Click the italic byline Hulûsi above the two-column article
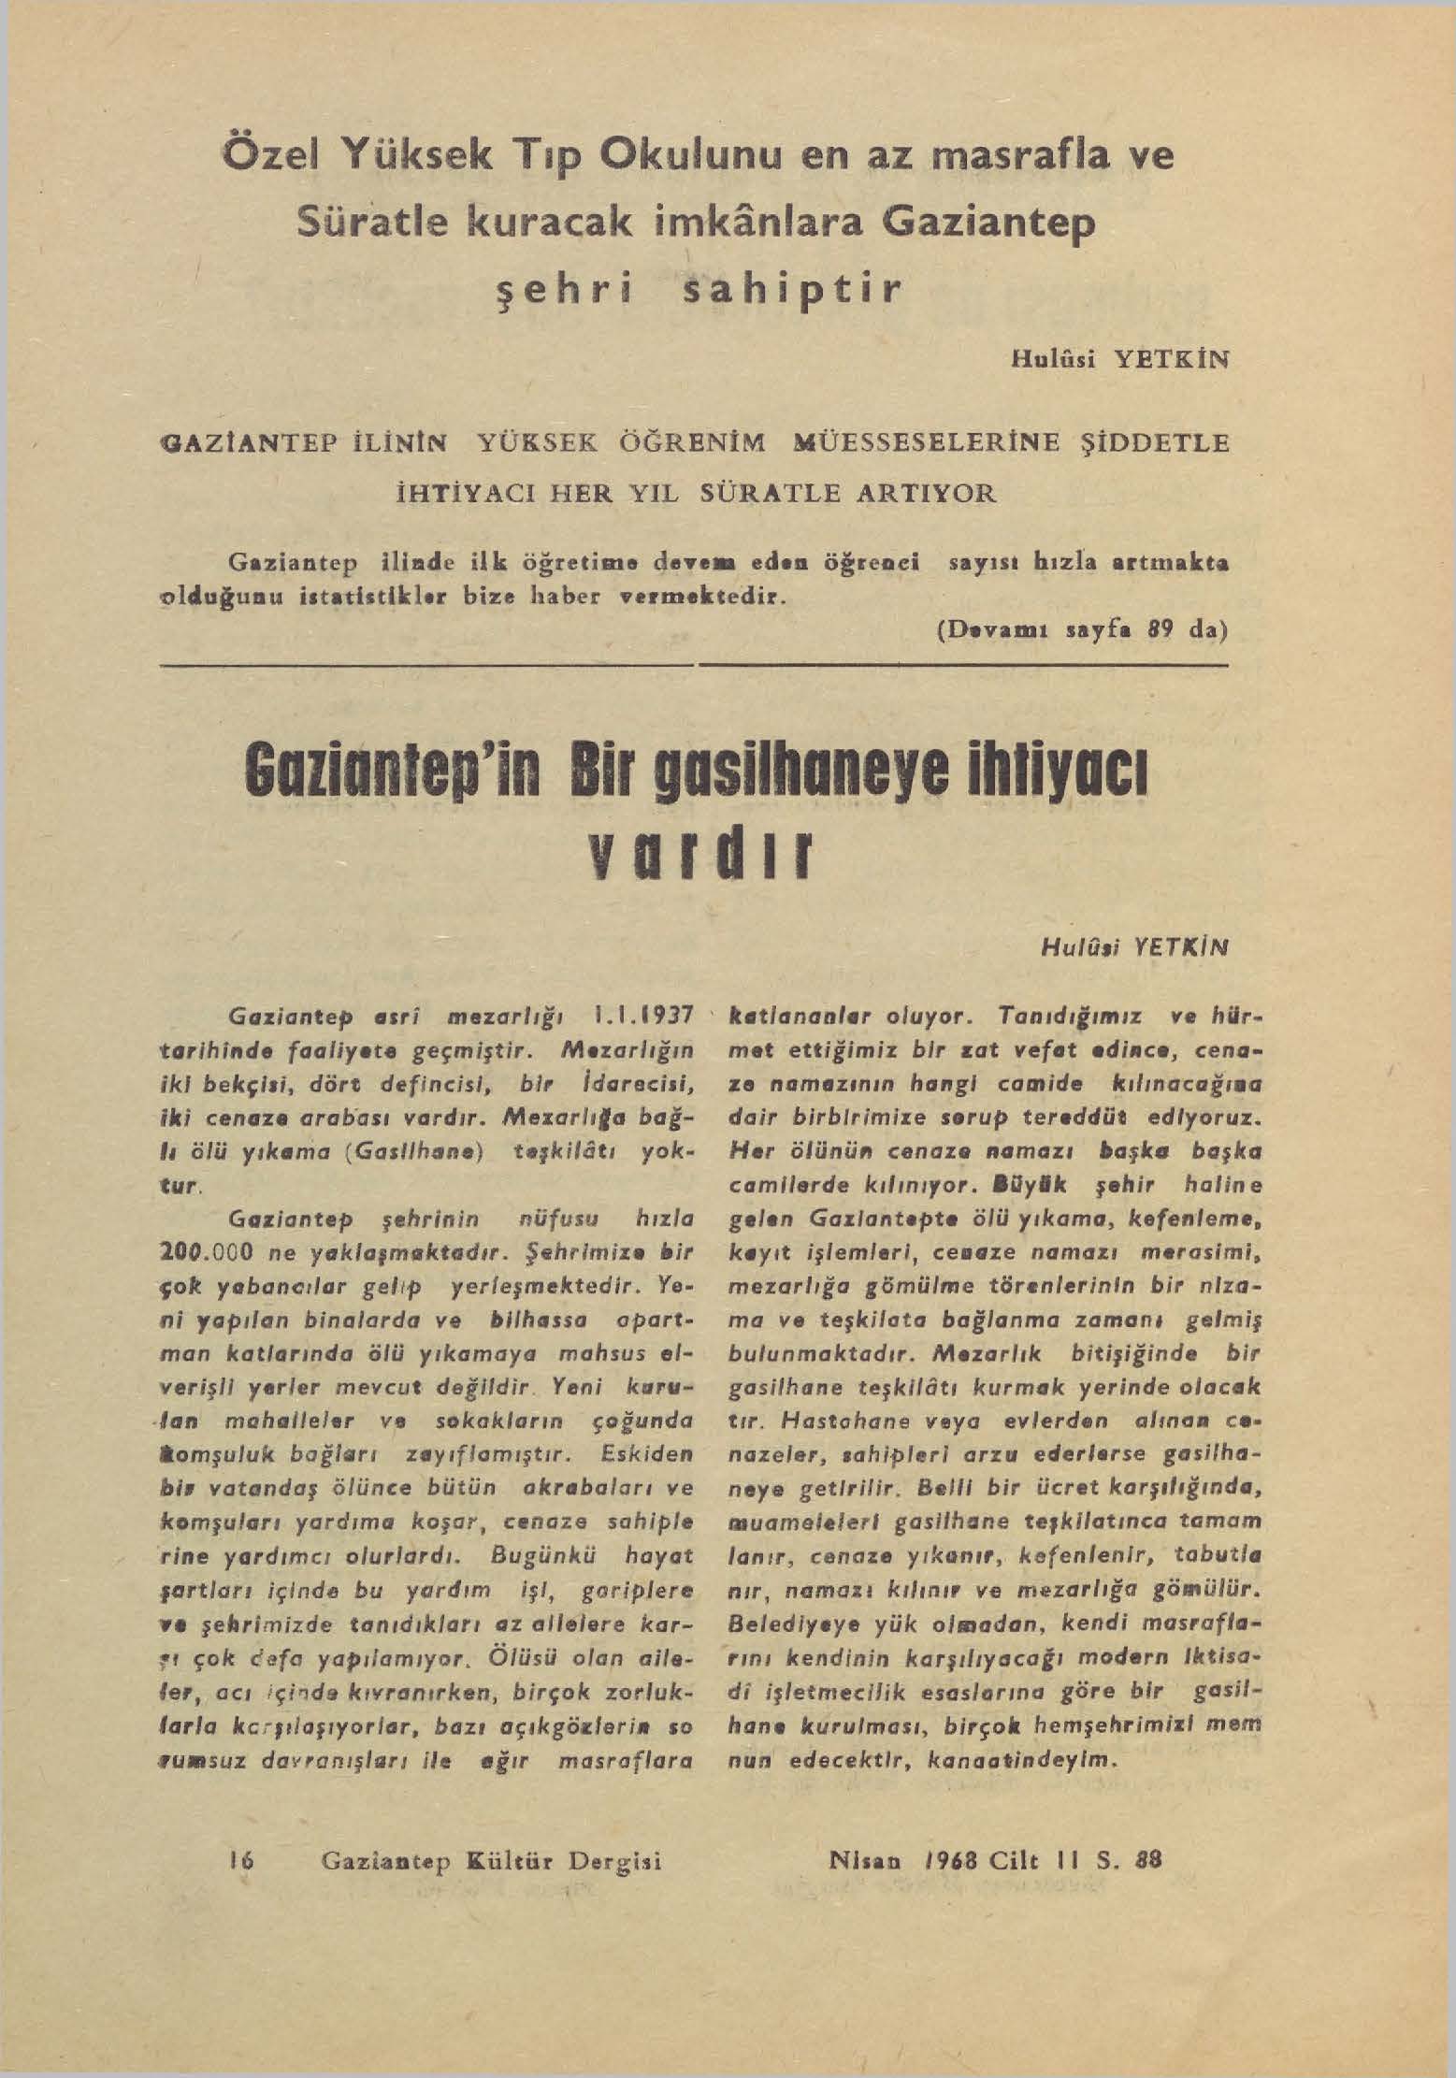point(1077,946)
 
